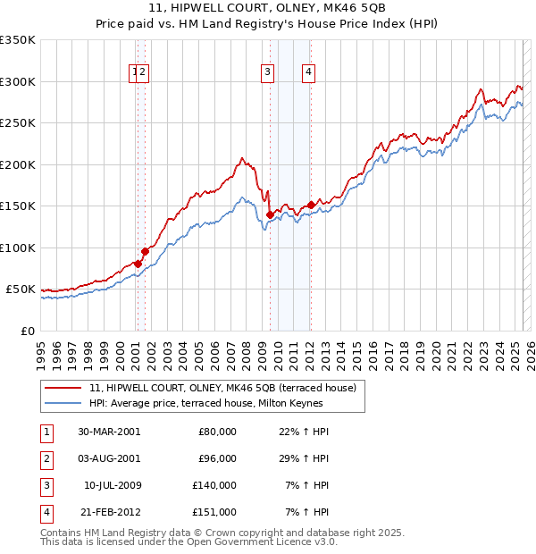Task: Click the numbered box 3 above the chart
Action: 267,73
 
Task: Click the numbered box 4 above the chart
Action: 307,73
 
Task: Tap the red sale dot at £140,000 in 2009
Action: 270,214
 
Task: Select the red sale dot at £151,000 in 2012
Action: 311,205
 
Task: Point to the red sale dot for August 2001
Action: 145,251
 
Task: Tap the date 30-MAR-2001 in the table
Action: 109,432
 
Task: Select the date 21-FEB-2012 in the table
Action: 109,512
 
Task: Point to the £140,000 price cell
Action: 215,485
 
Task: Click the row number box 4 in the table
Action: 46,512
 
